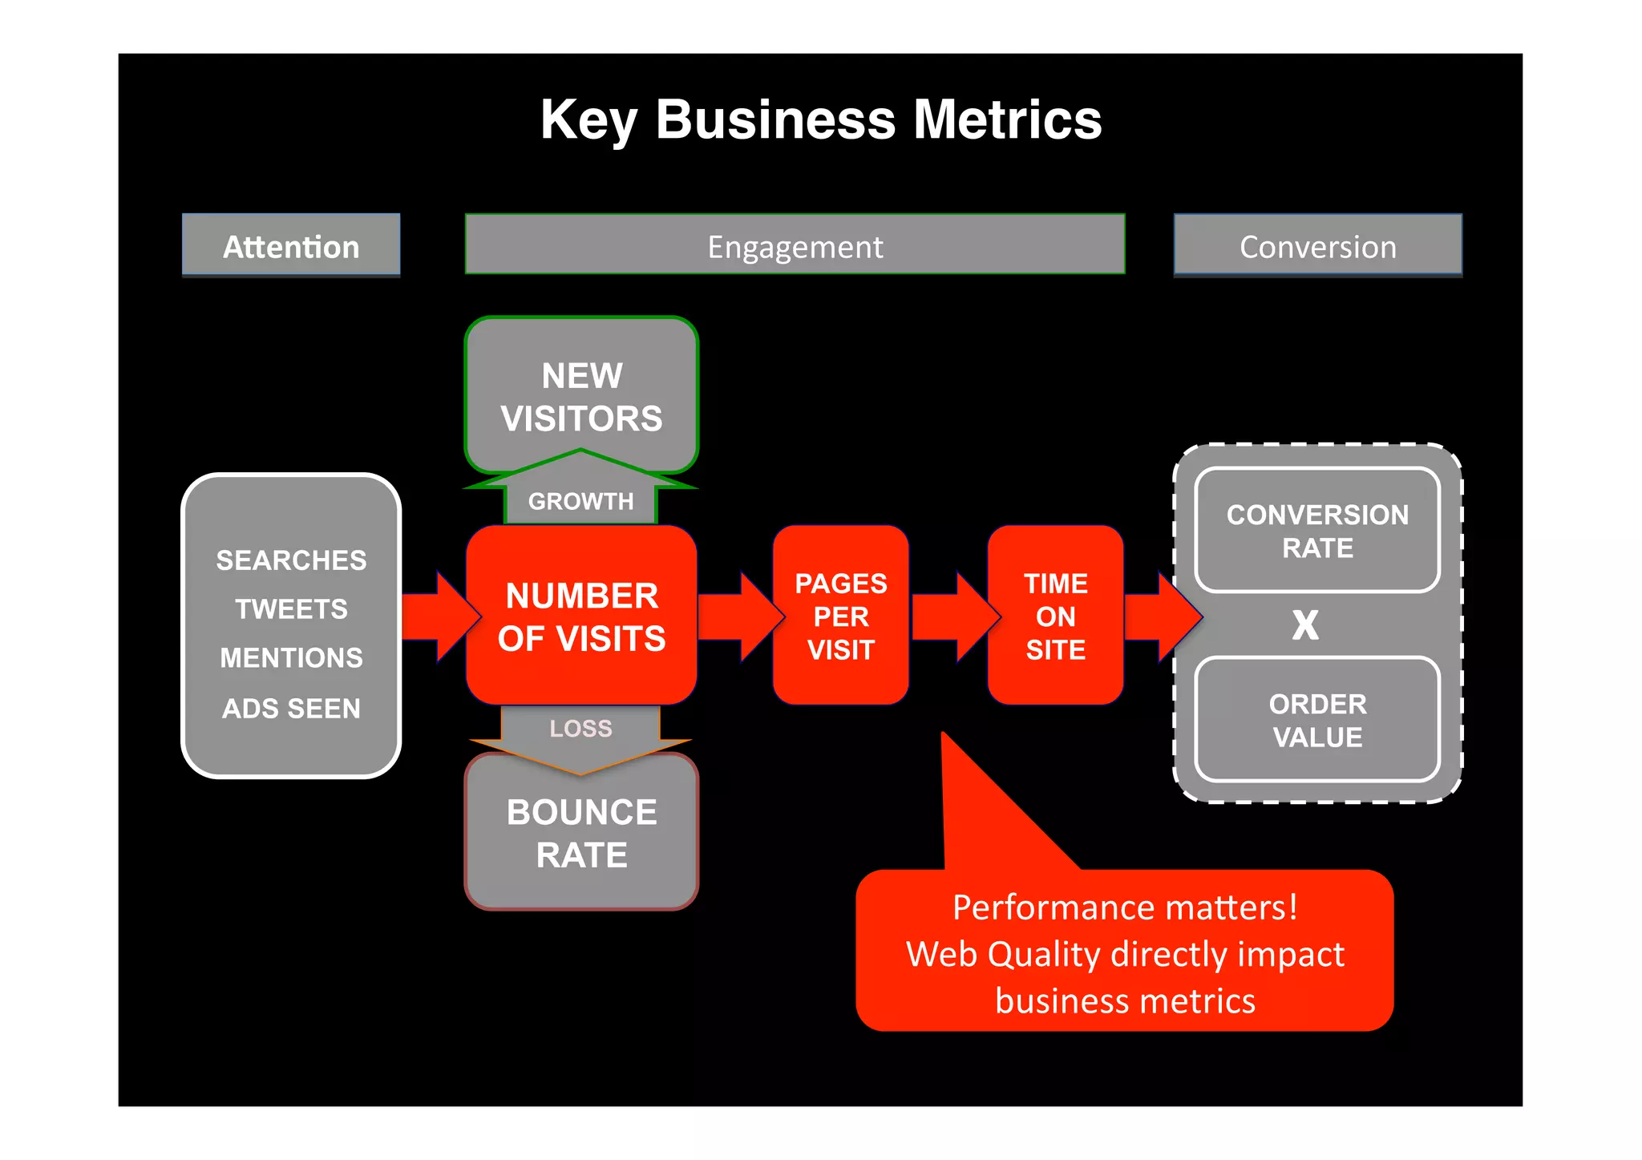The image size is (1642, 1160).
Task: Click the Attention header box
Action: [x=291, y=246]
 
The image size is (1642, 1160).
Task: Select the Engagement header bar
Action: [x=795, y=246]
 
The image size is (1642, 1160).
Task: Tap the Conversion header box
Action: [x=1317, y=246]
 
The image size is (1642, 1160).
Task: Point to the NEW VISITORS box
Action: [x=581, y=396]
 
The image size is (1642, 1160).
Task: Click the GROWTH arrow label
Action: [x=580, y=501]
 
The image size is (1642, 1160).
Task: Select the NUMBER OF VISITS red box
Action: [x=581, y=616]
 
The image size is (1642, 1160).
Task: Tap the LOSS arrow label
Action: [x=580, y=728]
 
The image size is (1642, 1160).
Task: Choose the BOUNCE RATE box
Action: [x=581, y=834]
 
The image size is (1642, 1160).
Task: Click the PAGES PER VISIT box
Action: [x=840, y=616]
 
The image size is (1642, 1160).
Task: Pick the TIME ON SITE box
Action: [x=1055, y=616]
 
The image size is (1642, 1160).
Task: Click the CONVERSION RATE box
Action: [x=1317, y=531]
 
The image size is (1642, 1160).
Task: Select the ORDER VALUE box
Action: [x=1317, y=720]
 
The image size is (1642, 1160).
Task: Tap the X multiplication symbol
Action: [x=1305, y=624]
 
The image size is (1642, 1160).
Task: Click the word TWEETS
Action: [x=291, y=609]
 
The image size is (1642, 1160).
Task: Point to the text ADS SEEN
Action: [x=291, y=709]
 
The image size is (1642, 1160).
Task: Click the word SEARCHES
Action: [x=291, y=560]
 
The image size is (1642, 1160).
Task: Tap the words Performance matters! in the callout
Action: [x=1124, y=907]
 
